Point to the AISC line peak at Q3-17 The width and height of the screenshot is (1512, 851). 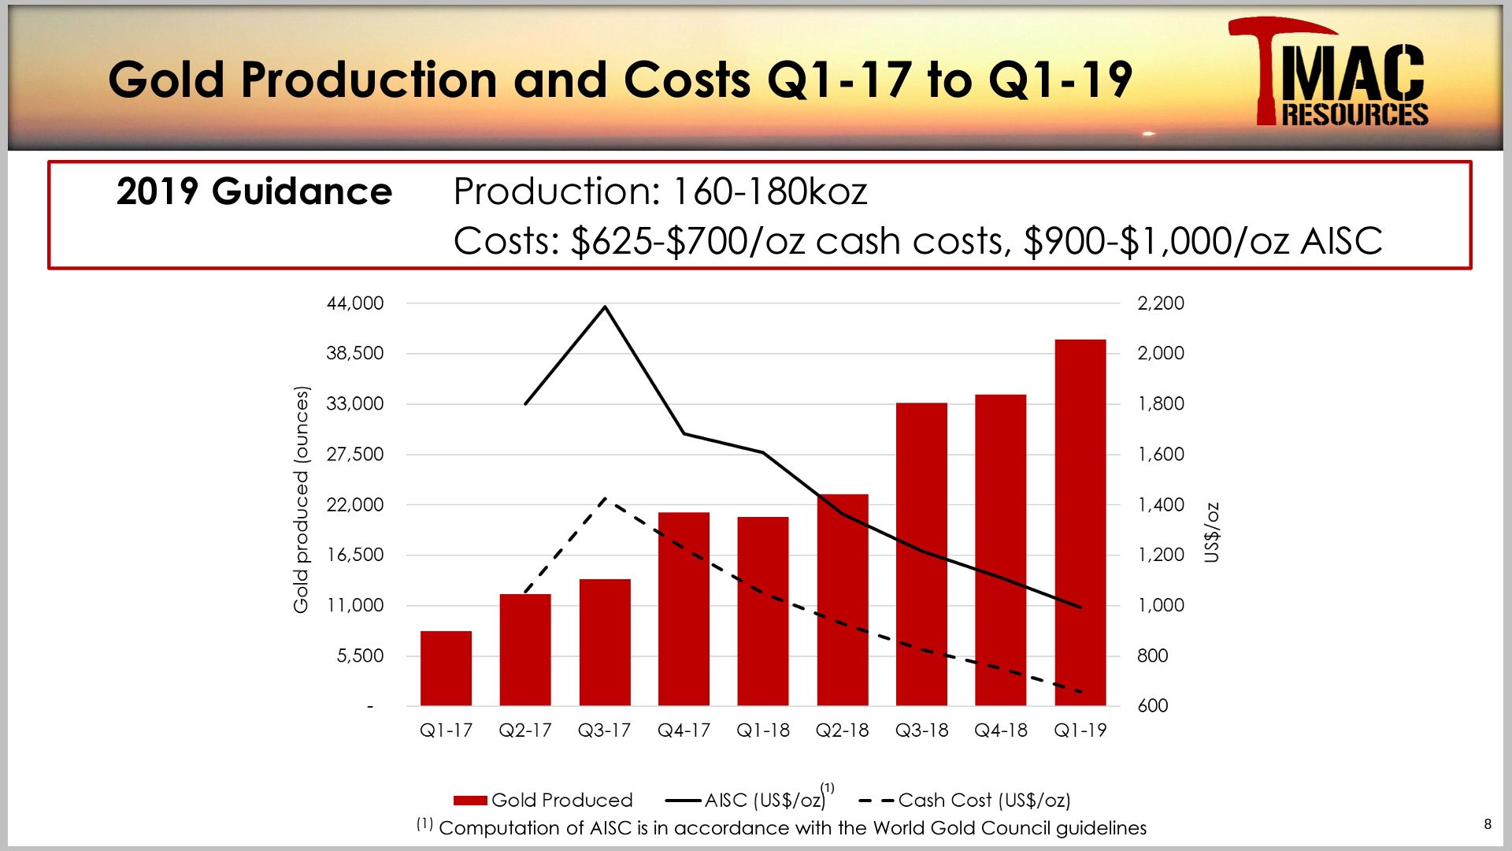(605, 307)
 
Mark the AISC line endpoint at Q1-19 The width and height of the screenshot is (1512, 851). (1080, 608)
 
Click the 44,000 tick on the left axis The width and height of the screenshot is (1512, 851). (355, 303)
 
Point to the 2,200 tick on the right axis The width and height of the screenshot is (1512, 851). (1160, 303)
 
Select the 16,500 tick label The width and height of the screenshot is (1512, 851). (355, 555)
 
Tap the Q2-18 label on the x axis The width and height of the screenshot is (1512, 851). (842, 730)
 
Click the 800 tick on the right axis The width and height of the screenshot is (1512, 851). (1152, 656)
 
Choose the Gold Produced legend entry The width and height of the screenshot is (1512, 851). (543, 801)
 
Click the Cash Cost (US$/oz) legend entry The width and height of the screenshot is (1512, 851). (965, 801)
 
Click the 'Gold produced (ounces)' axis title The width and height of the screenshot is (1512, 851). (301, 500)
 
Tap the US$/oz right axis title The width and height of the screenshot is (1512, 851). (1212, 533)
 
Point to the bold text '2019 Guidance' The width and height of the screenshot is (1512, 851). (254, 191)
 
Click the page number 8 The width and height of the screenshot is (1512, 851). (1488, 824)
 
